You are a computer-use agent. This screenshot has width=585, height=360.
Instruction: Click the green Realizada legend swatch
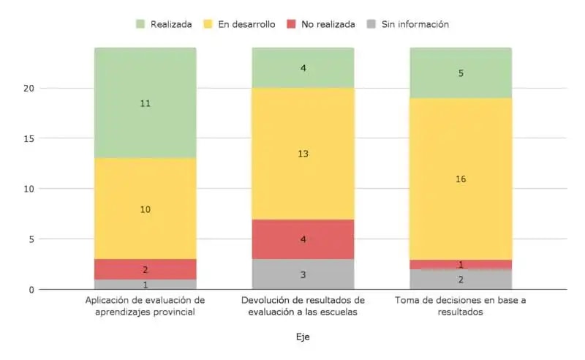[141, 24]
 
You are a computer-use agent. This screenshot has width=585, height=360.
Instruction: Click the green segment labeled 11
[145, 103]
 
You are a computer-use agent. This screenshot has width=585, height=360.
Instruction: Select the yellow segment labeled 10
[145, 209]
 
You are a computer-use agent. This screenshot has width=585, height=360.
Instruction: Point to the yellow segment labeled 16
[460, 179]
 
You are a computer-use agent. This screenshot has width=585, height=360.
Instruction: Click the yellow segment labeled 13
[303, 154]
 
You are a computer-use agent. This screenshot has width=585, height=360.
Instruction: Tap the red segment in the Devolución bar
[303, 239]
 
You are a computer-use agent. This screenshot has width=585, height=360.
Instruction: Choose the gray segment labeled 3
[303, 274]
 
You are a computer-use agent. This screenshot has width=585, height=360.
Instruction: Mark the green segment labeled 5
[460, 73]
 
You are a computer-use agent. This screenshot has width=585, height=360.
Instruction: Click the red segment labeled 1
[460, 264]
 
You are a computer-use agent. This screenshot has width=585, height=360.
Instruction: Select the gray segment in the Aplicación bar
[145, 285]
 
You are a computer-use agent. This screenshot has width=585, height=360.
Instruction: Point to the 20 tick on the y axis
[27, 89]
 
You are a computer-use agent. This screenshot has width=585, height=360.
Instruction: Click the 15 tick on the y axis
[27, 138]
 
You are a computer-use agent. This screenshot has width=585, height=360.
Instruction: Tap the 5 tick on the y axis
[30, 239]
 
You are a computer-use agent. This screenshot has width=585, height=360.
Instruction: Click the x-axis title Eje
[303, 337]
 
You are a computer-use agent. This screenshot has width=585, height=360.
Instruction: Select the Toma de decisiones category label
[460, 306]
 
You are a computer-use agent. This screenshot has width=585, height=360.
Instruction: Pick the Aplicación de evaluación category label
[145, 306]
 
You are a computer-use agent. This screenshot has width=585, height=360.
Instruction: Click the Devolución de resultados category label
[303, 306]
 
